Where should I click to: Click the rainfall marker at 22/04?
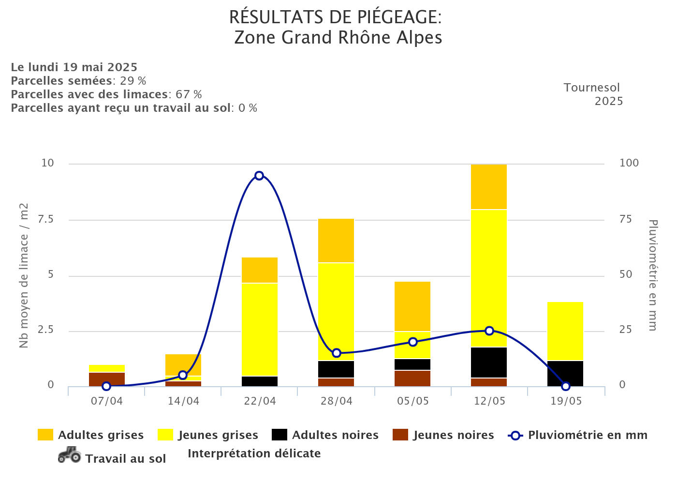point(259,176)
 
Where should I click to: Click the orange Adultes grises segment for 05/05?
point(412,306)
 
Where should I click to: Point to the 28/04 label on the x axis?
point(337,401)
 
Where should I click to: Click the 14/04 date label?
point(183,401)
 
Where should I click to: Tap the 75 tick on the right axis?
point(626,219)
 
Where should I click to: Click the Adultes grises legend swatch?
point(45,435)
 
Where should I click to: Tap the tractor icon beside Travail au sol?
point(69,455)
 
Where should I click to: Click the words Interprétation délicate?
point(254,454)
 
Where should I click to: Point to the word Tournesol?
point(591,88)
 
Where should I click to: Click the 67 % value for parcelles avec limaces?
point(189,94)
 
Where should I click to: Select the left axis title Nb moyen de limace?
point(24,276)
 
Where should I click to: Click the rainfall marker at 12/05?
point(489,331)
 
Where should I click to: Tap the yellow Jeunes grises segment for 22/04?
point(260,329)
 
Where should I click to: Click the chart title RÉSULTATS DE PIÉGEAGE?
point(335,17)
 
